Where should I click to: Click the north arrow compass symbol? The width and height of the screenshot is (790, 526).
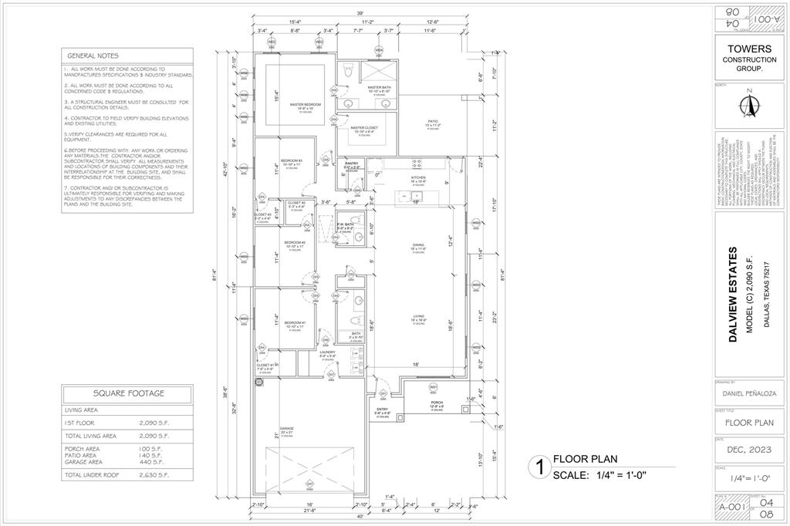tap(747, 104)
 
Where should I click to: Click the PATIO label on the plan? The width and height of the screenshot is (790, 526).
tap(434, 121)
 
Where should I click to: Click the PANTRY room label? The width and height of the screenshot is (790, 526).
tap(352, 164)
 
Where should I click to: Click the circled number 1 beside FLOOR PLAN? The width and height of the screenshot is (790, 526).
tap(538, 466)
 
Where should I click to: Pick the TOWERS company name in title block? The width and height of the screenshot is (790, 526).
tap(744, 48)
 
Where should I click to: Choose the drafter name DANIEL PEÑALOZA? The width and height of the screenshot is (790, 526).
tap(744, 393)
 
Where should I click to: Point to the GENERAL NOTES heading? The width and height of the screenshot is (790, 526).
tap(93, 56)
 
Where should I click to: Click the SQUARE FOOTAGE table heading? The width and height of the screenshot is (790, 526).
tap(129, 393)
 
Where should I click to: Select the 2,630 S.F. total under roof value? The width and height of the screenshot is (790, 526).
tap(154, 476)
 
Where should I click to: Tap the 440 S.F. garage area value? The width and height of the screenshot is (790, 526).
tap(152, 461)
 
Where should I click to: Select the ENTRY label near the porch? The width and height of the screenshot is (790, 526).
tap(382, 409)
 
